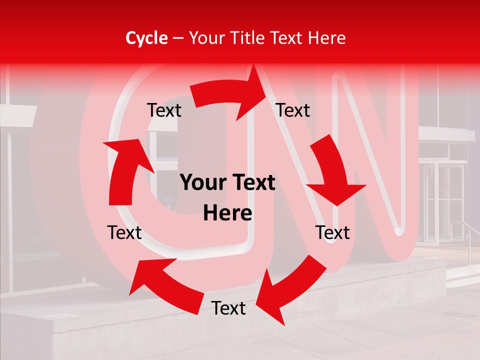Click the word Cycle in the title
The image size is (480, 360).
(x=146, y=38)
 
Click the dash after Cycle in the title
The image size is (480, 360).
(x=178, y=38)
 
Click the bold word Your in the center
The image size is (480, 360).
(x=202, y=183)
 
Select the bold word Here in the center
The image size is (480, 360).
(x=227, y=213)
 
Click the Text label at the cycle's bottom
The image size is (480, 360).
(x=228, y=308)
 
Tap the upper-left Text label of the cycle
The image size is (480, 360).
(x=164, y=110)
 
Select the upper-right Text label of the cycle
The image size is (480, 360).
(x=293, y=110)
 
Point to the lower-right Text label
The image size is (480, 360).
(x=332, y=232)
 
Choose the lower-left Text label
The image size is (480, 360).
(x=124, y=232)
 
